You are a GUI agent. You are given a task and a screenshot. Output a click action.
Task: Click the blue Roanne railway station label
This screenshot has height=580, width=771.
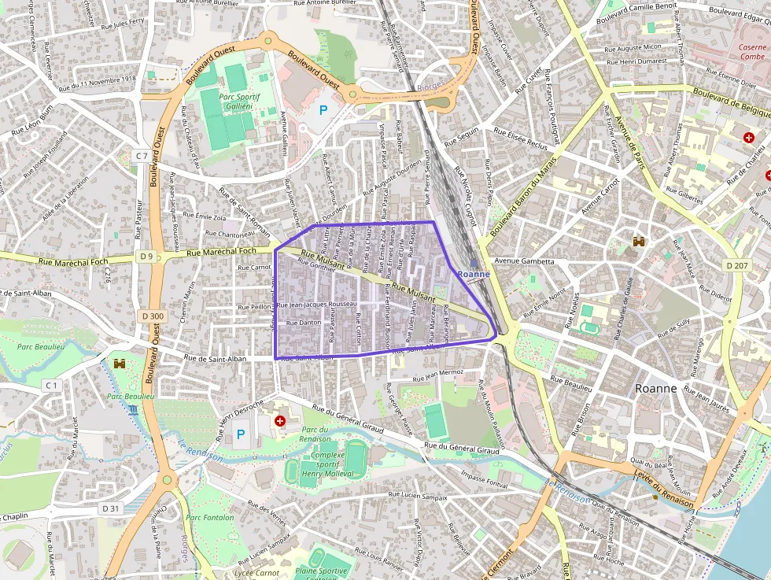coord(474,274)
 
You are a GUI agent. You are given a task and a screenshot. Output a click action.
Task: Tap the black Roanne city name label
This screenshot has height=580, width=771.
coord(655,389)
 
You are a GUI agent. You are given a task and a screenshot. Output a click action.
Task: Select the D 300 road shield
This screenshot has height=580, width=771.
coord(153,316)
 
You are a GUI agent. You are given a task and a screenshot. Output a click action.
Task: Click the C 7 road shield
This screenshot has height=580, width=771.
coord(142,156)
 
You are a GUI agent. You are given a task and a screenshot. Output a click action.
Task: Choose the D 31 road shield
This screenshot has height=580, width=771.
coord(110,508)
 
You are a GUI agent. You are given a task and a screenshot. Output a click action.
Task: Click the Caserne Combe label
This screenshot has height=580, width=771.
coord(752,52)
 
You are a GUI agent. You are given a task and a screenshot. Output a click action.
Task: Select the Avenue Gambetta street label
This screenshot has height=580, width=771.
coord(525,261)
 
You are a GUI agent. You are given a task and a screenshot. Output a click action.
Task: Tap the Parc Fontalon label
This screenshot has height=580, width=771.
coord(210,517)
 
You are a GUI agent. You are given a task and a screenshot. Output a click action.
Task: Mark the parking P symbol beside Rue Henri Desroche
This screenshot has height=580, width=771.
coord(241,434)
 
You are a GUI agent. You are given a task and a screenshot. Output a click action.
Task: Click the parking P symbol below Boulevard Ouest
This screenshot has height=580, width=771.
coord(323,111)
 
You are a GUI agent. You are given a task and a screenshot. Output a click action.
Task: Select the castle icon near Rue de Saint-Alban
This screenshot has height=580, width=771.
coord(120,364)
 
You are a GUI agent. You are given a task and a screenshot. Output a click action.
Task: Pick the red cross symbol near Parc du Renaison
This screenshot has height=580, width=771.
coord(279,421)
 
